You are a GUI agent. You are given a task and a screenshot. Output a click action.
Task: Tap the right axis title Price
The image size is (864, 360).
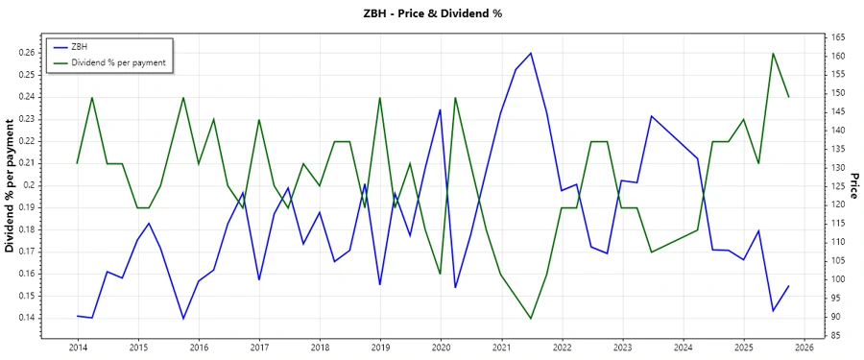(854, 186)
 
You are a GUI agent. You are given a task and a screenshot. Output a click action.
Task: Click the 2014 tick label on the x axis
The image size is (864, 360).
(78, 348)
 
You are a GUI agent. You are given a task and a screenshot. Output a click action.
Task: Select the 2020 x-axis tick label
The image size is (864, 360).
(441, 348)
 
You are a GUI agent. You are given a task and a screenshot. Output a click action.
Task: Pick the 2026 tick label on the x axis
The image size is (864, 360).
(804, 348)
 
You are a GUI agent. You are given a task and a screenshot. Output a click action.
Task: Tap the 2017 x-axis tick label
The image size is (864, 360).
(259, 348)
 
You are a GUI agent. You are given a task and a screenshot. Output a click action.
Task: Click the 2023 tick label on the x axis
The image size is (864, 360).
(623, 348)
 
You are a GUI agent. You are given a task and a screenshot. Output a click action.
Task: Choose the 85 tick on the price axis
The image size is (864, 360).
(835, 335)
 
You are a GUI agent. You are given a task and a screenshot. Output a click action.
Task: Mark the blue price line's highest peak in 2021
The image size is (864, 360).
(531, 53)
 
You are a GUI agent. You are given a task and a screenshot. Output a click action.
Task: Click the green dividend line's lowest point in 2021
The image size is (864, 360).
(531, 318)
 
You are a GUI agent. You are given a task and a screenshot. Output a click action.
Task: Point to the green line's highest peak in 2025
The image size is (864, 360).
(773, 53)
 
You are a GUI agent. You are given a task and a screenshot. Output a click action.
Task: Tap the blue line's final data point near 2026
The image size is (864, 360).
(788, 285)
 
